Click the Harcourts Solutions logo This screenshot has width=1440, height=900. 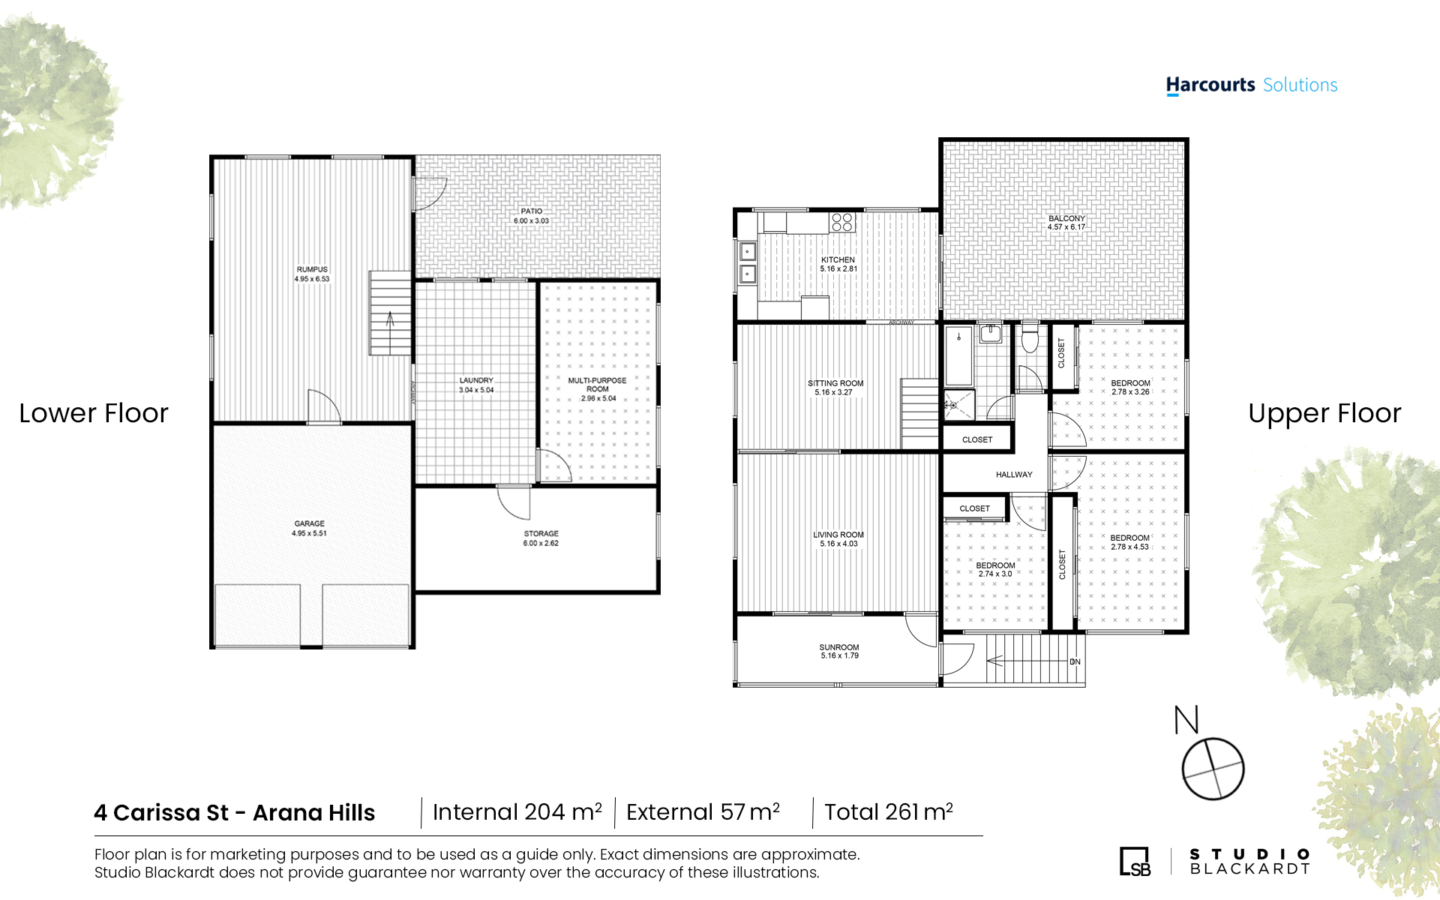click(1252, 85)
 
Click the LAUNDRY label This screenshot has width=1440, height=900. click(476, 380)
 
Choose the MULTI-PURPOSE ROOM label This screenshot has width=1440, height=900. click(598, 385)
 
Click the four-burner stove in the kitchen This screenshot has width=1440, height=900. click(842, 222)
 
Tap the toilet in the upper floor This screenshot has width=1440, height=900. click(1030, 338)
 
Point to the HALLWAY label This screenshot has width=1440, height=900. click(1014, 475)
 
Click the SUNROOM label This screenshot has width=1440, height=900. click(839, 647)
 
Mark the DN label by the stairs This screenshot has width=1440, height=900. click(1075, 661)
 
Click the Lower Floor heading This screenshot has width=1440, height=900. click(94, 413)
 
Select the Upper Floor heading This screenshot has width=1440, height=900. click(1324, 413)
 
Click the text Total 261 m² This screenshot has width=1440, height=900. click(889, 811)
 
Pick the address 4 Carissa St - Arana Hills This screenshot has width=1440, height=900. click(235, 812)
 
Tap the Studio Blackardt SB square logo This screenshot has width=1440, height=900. click(1135, 861)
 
